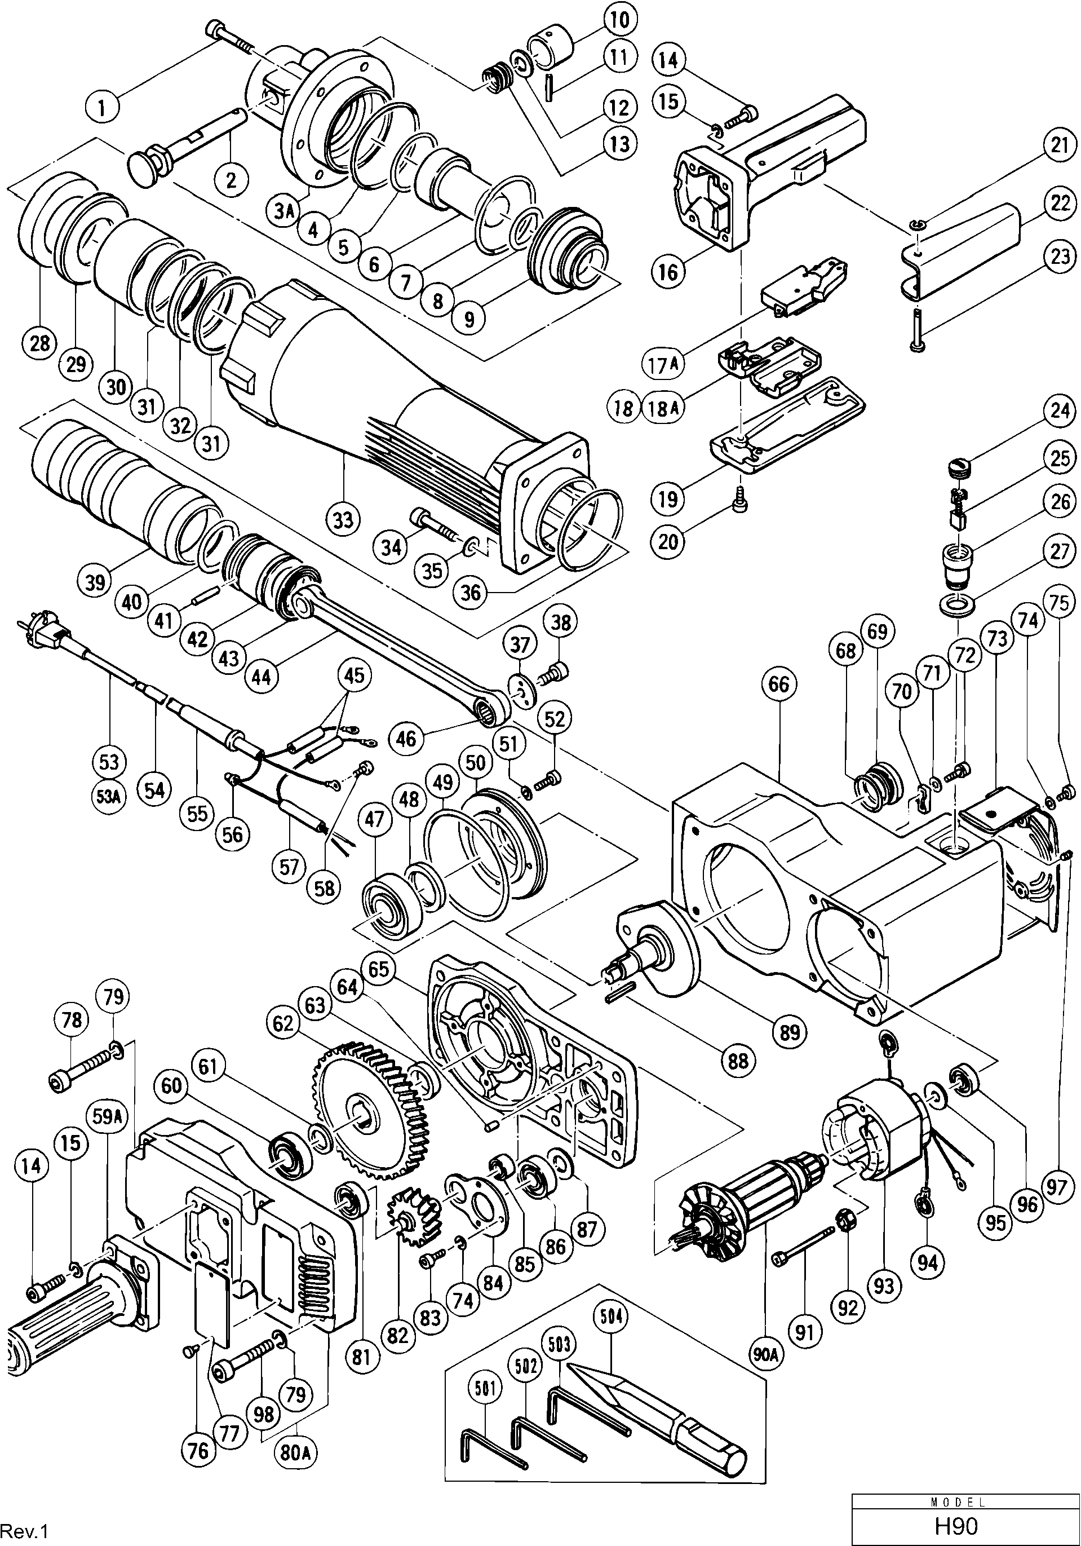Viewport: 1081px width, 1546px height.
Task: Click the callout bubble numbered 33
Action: click(344, 520)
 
